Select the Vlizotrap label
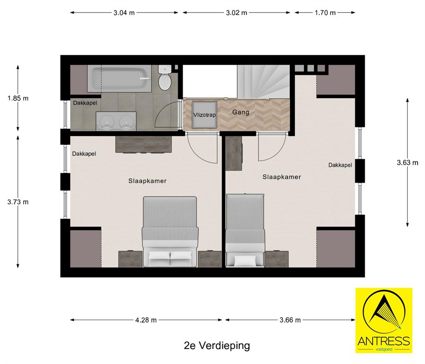[204, 115]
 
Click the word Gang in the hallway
[241, 112]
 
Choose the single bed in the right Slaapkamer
[246, 230]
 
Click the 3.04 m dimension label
[124, 13]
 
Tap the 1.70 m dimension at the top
[325, 13]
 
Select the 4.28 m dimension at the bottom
[146, 320]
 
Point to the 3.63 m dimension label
[407, 162]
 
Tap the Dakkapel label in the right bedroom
[340, 165]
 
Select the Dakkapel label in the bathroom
[85, 103]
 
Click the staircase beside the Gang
[263, 81]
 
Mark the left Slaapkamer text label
[147, 181]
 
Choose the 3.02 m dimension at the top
[236, 13]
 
